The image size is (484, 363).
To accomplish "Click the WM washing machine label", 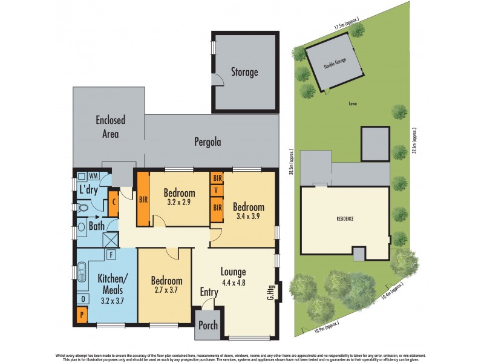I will [x=94, y=175].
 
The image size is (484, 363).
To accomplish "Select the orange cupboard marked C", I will [x=114, y=203].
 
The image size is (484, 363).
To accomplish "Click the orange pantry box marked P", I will [x=82, y=315].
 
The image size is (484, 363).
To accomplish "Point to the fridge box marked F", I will [x=111, y=255].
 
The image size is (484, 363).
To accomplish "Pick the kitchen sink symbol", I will [x=82, y=272].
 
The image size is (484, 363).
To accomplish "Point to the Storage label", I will [x=244, y=72].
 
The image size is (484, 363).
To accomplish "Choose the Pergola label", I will [x=208, y=142].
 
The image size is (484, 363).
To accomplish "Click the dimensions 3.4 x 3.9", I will [x=249, y=217].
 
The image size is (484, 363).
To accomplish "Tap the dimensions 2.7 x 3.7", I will [x=166, y=291].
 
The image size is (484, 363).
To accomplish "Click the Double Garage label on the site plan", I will [x=335, y=65].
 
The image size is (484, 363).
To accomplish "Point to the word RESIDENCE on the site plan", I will [x=345, y=218].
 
